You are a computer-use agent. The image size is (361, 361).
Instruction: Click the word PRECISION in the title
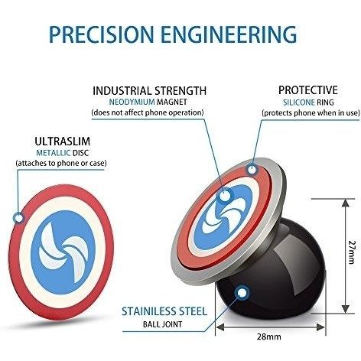tap(102, 34)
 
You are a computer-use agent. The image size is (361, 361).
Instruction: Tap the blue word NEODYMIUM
tap(132, 102)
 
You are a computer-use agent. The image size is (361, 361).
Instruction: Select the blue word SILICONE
tap(299, 102)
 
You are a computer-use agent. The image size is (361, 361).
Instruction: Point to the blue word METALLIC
tap(54, 153)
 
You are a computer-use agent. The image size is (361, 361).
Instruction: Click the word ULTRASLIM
tap(63, 141)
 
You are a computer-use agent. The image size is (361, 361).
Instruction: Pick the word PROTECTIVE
tap(308, 90)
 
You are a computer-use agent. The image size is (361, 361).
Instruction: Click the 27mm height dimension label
tap(352, 252)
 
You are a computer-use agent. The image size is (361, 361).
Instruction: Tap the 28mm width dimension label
tap(269, 337)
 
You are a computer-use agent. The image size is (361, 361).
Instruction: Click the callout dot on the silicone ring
tap(252, 170)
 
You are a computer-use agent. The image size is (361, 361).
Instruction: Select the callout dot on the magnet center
tap(225, 196)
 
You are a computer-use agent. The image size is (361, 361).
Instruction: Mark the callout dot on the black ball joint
tap(242, 293)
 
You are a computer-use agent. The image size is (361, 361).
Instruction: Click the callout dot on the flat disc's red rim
tap(18, 218)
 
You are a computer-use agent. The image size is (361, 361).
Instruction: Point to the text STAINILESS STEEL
tap(164, 311)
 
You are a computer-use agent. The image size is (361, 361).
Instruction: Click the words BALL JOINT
tap(163, 324)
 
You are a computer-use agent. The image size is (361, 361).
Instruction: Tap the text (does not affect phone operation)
tap(148, 112)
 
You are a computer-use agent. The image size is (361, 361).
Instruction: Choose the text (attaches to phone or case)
tap(61, 163)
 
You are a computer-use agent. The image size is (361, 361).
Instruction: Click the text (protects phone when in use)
tap(311, 112)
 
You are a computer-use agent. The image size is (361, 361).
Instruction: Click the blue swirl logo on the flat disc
tap(63, 252)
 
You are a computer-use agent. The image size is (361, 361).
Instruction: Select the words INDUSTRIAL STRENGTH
tap(149, 91)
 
